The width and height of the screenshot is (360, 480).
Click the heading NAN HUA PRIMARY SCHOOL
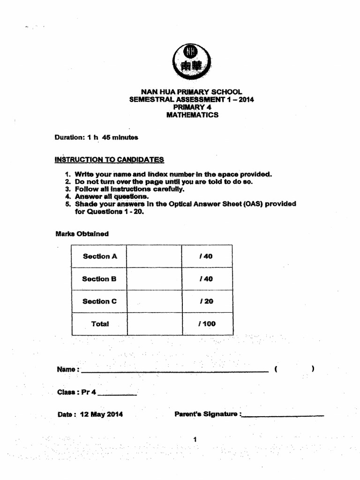tap(192, 92)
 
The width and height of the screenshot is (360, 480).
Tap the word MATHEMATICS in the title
tap(192, 115)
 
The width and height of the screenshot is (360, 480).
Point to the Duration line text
tap(96, 137)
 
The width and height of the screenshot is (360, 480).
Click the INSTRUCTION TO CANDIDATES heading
tap(109, 159)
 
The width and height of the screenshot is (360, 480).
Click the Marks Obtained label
tap(82, 233)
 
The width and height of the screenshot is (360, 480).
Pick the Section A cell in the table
tap(99, 256)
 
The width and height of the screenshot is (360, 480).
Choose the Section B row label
tap(99, 279)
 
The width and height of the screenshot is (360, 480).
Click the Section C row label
tap(99, 301)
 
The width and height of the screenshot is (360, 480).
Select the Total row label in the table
tap(100, 324)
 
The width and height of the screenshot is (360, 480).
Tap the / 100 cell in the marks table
tap(207, 324)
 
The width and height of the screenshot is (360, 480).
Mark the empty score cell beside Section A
tap(154, 256)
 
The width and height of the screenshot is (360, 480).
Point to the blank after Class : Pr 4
tap(117, 393)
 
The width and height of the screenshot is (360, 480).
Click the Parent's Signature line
tap(283, 415)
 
